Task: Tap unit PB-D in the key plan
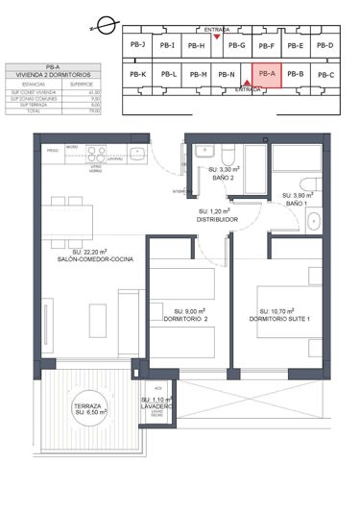click(x=324, y=45)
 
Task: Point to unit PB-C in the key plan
click(x=325, y=75)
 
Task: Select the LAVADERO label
click(x=159, y=406)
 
